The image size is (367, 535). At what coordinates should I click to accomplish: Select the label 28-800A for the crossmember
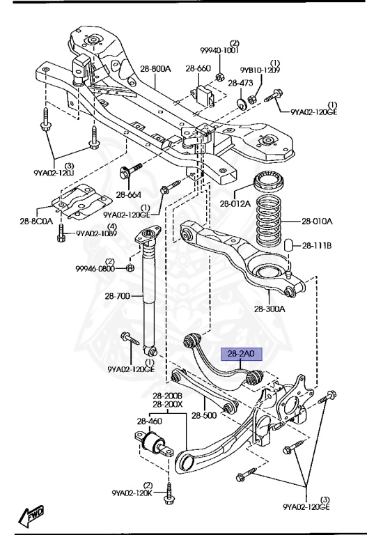pyautogui.click(x=154, y=68)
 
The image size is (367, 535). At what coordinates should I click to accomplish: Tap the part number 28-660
pyautogui.click(x=198, y=68)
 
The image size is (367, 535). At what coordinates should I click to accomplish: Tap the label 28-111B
pyautogui.click(x=318, y=245)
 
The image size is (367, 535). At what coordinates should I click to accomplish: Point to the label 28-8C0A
pyautogui.click(x=35, y=222)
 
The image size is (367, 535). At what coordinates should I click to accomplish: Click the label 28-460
pyautogui.click(x=149, y=421)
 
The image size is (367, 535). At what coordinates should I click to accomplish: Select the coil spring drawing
pyautogui.click(x=268, y=221)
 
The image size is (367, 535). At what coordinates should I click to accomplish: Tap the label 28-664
pyautogui.click(x=129, y=194)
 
